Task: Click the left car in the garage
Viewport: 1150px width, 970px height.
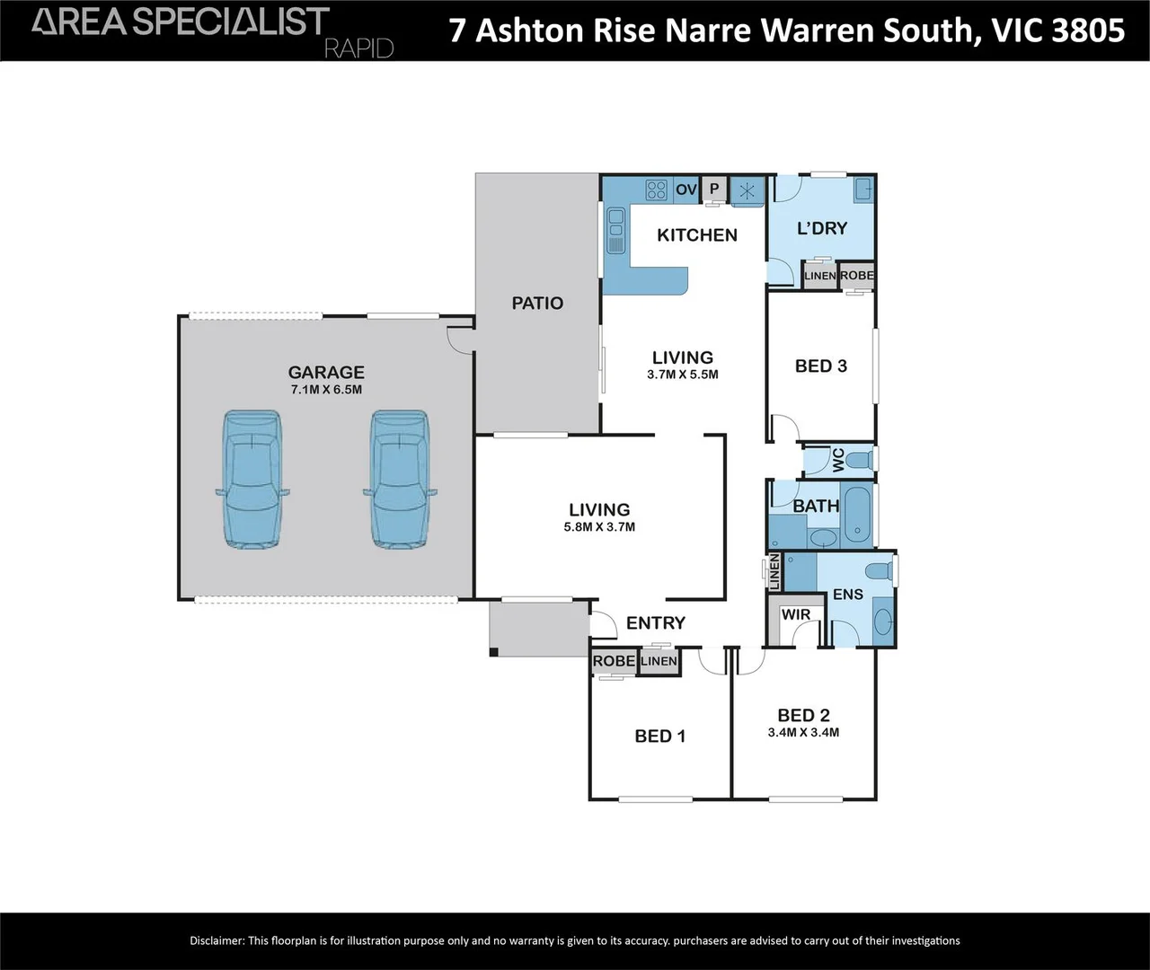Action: pos(252,480)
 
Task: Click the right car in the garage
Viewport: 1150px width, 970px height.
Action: pos(401,480)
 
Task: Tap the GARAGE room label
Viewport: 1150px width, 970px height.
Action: pos(326,372)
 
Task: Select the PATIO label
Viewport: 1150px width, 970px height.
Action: pos(537,304)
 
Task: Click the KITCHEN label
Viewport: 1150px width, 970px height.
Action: pos(697,235)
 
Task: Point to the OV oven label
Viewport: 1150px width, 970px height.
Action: pos(686,190)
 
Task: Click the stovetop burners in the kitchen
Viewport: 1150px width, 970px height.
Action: pos(657,190)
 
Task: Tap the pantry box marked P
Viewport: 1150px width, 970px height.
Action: pos(714,189)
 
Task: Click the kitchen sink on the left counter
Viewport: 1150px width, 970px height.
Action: pos(616,230)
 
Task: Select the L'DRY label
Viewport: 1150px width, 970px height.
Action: pos(822,228)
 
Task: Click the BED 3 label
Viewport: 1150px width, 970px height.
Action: pos(820,366)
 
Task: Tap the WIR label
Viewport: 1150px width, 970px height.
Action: pos(796,615)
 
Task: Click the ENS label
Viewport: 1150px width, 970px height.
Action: pos(847,595)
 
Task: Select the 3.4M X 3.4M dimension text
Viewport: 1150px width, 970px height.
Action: pos(803,733)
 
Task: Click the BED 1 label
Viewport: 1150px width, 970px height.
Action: pos(659,736)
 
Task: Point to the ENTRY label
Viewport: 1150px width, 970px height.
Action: pos(655,623)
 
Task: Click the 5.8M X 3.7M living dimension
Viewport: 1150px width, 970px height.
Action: pos(599,527)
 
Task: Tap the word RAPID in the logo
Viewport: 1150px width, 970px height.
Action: pos(358,48)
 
